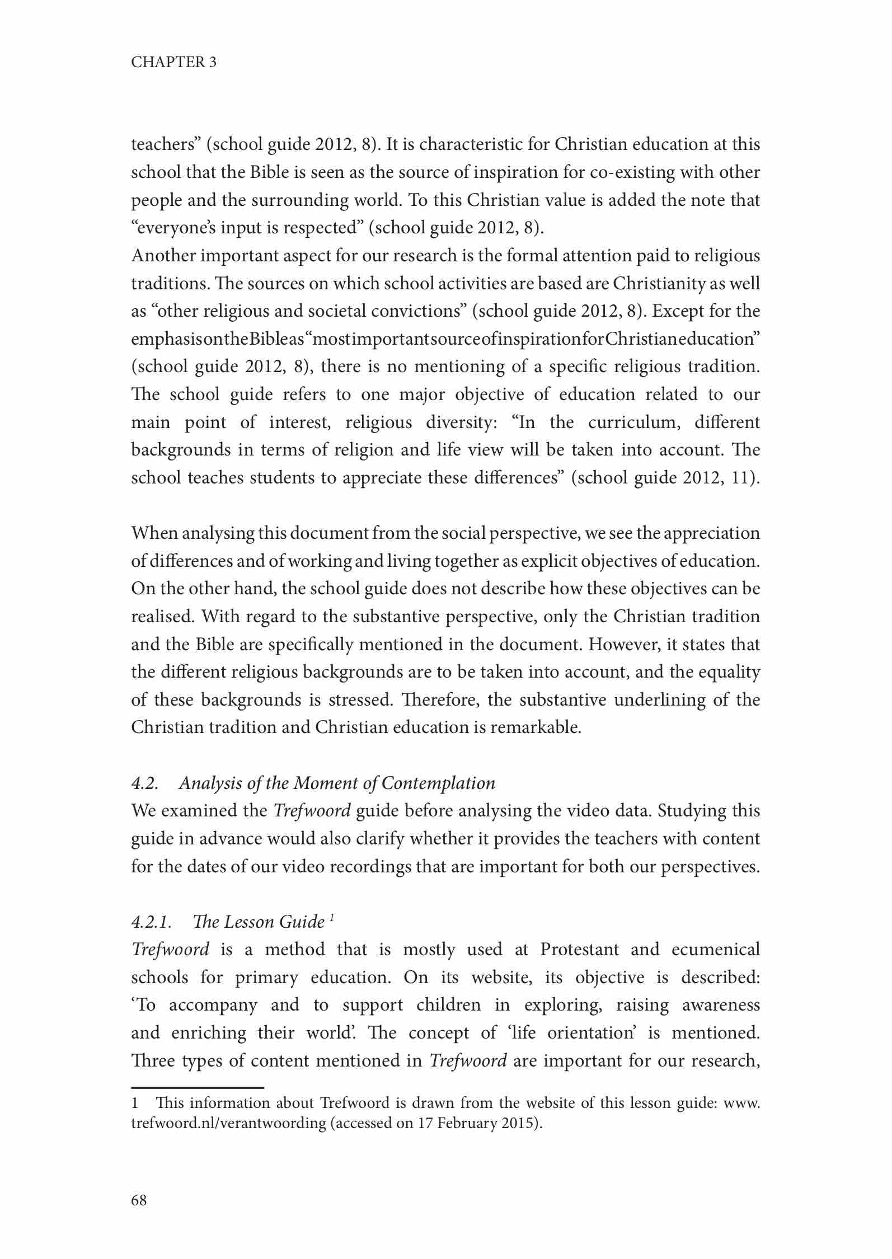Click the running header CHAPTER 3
pyautogui.click(x=173, y=62)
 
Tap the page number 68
pyautogui.click(x=139, y=1200)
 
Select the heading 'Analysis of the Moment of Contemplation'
pyautogui.click(x=337, y=783)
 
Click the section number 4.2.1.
pyautogui.click(x=151, y=922)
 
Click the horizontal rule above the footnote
pyautogui.click(x=197, y=1088)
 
